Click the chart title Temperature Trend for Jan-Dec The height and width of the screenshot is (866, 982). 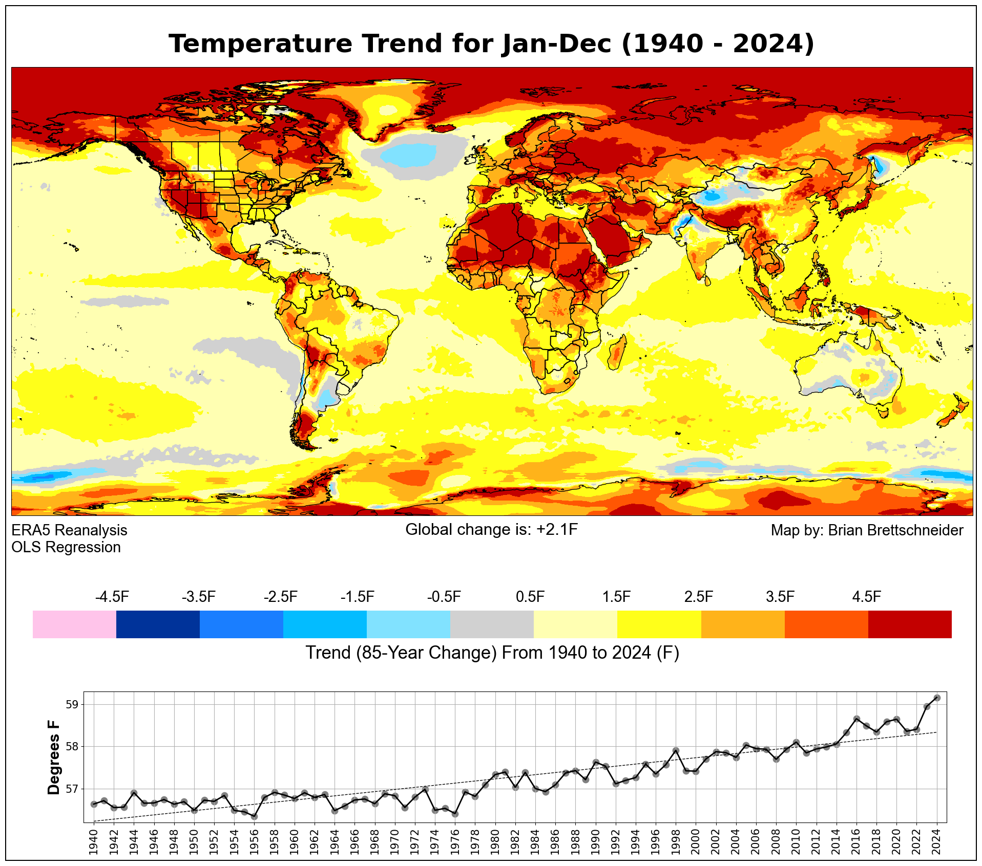tap(491, 44)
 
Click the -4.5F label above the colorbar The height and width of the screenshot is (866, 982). tap(112, 597)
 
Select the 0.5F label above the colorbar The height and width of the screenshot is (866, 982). tap(530, 597)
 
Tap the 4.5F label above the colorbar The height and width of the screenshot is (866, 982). tap(866, 597)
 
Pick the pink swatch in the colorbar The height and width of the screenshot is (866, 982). tap(74, 624)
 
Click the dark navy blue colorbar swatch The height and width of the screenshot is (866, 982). tap(158, 624)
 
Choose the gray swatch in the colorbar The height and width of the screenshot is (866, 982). tap(492, 624)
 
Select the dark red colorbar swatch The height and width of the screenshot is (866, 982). tap(910, 624)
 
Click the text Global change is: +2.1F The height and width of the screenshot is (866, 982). tap(491, 530)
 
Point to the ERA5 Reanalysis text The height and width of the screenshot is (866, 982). tap(69, 530)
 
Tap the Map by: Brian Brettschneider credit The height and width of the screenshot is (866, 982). tap(867, 530)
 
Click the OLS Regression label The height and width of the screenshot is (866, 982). tap(66, 547)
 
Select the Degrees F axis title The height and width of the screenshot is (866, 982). tap(53, 757)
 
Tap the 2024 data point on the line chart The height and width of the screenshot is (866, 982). tap(936, 698)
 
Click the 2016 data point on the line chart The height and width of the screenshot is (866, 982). tap(856, 719)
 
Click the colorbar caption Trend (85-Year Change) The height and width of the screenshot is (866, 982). tap(492, 653)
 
